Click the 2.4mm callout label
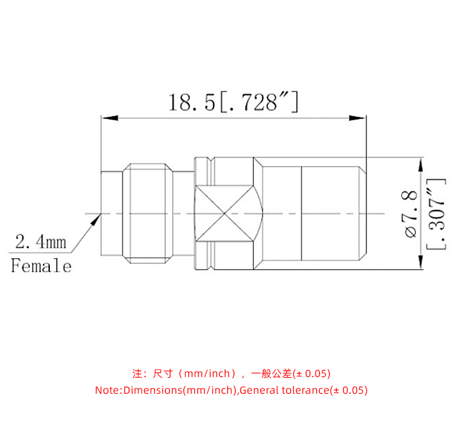pyautogui.click(x=40, y=241)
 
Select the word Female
pyautogui.click(x=41, y=266)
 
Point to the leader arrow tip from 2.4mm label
pyautogui.click(x=99, y=217)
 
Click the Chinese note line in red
pyautogui.click(x=231, y=374)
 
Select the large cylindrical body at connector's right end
pyautogui.click(x=332, y=214)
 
